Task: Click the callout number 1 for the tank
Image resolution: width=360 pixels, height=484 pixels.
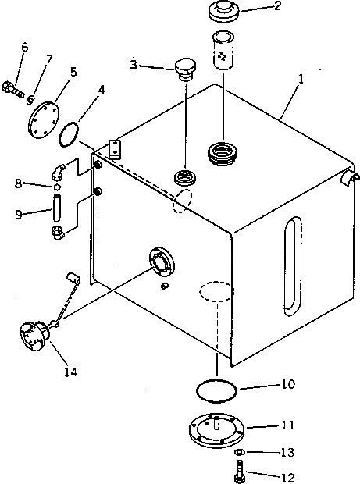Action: click(301, 79)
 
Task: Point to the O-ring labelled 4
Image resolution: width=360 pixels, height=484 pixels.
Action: click(69, 134)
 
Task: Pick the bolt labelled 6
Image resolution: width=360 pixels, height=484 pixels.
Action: click(13, 89)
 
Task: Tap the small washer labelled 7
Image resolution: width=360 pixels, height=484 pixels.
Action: click(30, 100)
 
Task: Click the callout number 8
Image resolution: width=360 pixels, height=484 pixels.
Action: click(19, 183)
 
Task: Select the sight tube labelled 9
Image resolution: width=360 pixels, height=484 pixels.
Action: click(56, 208)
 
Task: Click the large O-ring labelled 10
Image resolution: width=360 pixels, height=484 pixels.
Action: click(216, 390)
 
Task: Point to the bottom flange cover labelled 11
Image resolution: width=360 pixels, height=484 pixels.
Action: click(216, 430)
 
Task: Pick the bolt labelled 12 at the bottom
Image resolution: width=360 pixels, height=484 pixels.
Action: click(239, 472)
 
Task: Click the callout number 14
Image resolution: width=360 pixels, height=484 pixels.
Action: click(71, 372)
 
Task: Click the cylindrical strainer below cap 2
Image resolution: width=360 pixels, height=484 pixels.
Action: click(223, 50)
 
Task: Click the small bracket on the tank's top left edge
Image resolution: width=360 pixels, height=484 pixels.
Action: click(115, 149)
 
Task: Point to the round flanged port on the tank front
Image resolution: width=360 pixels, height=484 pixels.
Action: click(162, 261)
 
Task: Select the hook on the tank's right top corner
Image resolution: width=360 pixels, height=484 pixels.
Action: click(351, 178)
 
